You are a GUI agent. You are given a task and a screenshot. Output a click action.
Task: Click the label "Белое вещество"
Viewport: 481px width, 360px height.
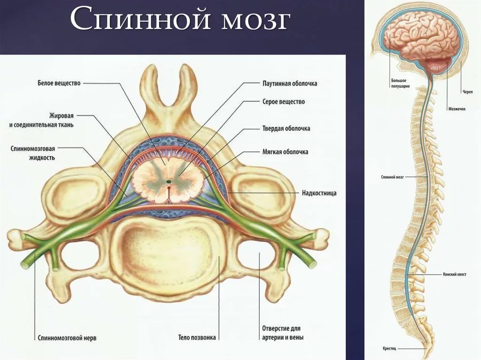pos(59,83)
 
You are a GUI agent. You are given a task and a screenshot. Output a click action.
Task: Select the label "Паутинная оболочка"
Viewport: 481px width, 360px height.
pos(289,84)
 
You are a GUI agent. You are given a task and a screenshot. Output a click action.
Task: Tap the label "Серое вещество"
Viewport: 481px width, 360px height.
pos(283,101)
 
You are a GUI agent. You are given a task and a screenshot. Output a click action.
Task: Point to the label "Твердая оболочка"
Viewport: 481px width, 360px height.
pos(286,128)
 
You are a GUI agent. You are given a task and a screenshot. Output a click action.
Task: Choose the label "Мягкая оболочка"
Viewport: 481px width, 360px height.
pos(285,152)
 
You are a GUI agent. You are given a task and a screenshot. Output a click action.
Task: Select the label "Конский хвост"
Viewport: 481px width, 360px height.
pos(455,274)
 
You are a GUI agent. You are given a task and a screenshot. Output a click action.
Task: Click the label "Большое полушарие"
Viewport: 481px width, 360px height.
pos(400,83)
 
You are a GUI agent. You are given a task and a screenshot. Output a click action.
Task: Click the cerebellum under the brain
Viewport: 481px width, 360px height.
pos(437,66)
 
